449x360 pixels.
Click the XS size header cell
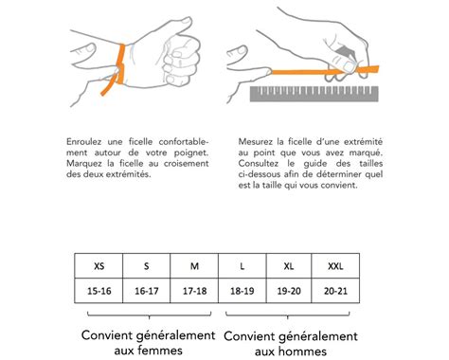[x=99, y=265]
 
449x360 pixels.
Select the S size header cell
[x=146, y=265]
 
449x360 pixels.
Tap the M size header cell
[x=193, y=265]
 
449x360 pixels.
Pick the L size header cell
[x=242, y=265]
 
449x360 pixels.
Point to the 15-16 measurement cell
[x=99, y=292]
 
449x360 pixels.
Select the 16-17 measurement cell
[x=146, y=292]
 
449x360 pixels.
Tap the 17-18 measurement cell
[x=193, y=292]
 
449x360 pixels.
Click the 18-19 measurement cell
[x=242, y=292]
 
